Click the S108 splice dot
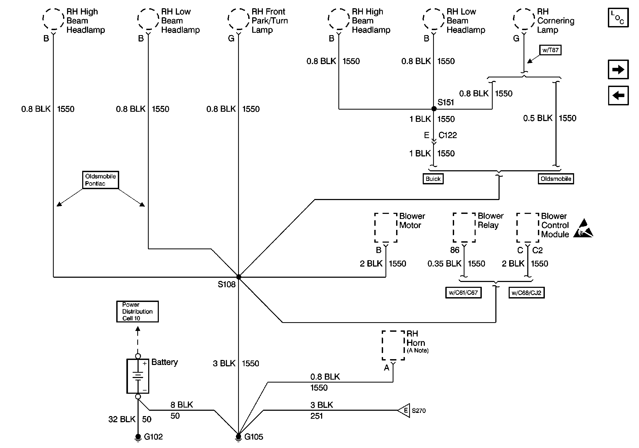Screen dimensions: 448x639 tap(239, 277)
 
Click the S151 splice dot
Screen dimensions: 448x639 tap(434, 109)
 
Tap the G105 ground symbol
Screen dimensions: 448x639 tap(238, 437)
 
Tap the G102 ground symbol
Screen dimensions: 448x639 tap(138, 437)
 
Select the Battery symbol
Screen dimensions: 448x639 tap(138, 376)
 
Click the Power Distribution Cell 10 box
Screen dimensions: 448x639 tap(137, 311)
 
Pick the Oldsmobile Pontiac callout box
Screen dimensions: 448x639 tap(101, 180)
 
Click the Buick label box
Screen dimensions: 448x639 tap(433, 179)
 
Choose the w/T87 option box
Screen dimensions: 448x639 tap(550, 50)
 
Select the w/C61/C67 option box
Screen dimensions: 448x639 tap(463, 292)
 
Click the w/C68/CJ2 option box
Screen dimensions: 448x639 tap(526, 292)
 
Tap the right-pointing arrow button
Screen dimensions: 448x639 tap(618, 69)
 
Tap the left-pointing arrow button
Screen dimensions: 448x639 tap(618, 96)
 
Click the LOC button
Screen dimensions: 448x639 tap(618, 18)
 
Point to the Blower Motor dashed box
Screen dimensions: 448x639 tap(385, 228)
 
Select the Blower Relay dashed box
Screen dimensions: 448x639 tap(464, 228)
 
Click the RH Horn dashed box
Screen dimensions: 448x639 tap(393, 345)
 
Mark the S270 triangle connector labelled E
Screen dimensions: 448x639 tap(404, 410)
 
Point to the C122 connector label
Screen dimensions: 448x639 tap(447, 135)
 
